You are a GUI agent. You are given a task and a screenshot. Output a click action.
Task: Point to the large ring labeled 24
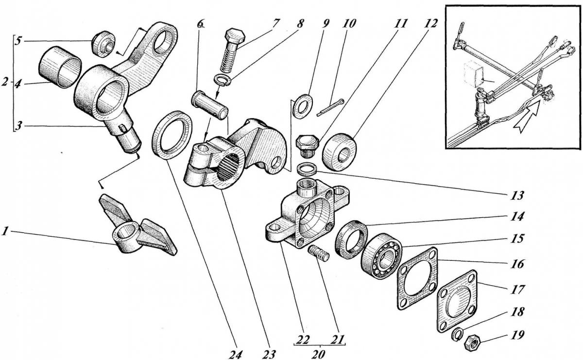(x=171, y=135)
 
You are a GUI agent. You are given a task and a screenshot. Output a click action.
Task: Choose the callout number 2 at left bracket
(x=5, y=83)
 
